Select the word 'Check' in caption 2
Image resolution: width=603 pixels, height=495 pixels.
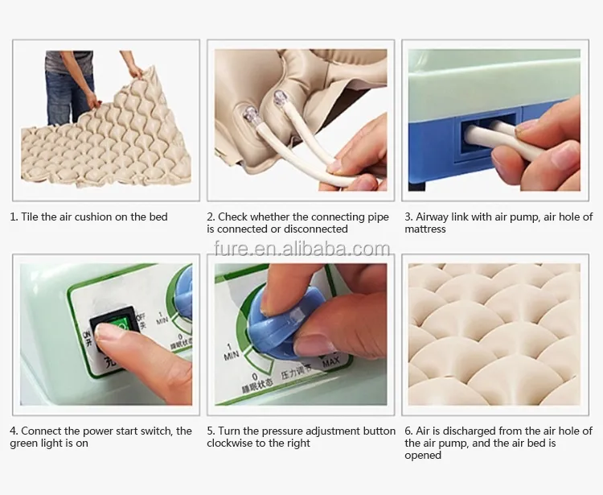click(x=233, y=217)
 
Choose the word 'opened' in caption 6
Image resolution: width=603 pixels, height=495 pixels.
click(x=423, y=456)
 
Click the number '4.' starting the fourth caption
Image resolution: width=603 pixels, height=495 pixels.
click(x=14, y=431)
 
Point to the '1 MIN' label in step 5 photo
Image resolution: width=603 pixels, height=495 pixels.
click(x=231, y=350)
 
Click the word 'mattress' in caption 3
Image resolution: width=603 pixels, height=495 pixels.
click(x=425, y=229)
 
